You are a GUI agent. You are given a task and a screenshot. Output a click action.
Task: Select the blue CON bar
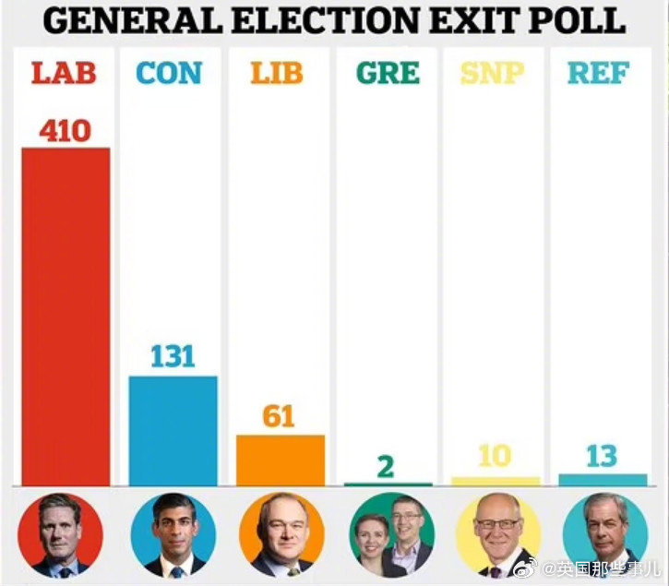click(x=173, y=430)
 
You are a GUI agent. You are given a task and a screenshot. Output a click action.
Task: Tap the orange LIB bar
click(x=281, y=460)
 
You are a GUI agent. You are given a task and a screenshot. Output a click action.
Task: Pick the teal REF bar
click(x=603, y=480)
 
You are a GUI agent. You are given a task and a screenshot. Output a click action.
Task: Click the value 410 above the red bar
click(x=65, y=130)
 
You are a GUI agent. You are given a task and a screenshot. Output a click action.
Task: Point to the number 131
click(x=173, y=356)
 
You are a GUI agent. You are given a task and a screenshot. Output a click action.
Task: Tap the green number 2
click(x=385, y=466)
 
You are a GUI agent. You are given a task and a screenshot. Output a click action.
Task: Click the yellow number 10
click(x=494, y=457)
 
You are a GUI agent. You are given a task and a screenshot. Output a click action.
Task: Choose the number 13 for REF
click(x=602, y=456)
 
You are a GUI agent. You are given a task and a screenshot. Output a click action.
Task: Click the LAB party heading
click(x=66, y=73)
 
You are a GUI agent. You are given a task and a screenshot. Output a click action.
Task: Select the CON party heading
click(x=173, y=73)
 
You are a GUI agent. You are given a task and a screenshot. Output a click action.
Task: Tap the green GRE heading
click(x=388, y=73)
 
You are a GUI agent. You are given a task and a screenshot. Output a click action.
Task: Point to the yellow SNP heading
click(x=495, y=73)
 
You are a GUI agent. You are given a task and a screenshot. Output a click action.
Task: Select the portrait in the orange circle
click(x=281, y=535)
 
